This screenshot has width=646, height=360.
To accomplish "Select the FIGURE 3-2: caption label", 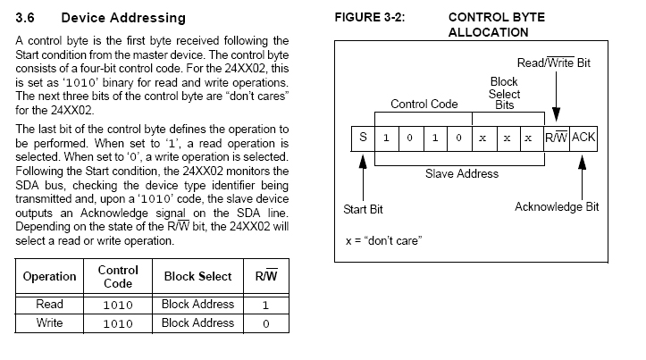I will (x=370, y=17).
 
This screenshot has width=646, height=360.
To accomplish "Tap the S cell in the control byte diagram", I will (x=363, y=138).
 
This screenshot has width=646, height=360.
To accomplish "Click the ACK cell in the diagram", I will (x=584, y=138).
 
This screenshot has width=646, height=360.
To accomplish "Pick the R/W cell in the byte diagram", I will (x=557, y=138).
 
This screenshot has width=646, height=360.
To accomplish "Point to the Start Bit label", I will (x=363, y=209).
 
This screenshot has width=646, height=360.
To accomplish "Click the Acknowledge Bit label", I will (x=557, y=207).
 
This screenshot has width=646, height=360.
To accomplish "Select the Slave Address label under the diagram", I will (x=461, y=173).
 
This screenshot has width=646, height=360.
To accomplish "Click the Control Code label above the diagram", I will (x=424, y=105).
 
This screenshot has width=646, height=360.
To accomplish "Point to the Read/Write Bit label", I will (x=554, y=63).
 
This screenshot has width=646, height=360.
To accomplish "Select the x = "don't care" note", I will (x=383, y=241).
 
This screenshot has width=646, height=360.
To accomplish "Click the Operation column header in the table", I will (x=50, y=276).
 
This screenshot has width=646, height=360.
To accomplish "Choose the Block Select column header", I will (x=197, y=276).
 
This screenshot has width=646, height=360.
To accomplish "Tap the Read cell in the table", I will (x=50, y=305).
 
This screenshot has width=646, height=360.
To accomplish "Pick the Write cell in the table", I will (x=50, y=323).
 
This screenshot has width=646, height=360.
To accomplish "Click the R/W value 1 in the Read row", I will (x=266, y=305).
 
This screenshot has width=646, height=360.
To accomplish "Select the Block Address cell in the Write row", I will (x=197, y=323).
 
